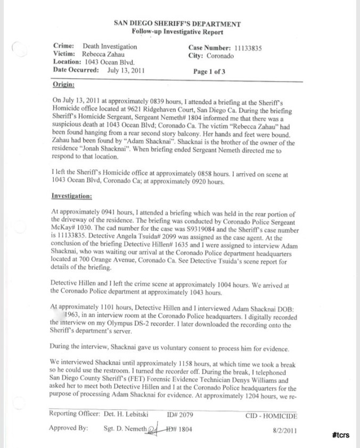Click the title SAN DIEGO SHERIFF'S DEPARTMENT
click(177, 24)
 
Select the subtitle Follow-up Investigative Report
click(177, 32)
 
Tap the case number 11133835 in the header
click(252, 47)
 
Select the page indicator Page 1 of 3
click(209, 71)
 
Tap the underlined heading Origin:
click(63, 85)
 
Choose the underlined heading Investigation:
click(72, 196)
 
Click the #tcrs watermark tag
click(340, 435)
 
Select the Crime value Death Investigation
click(110, 47)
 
